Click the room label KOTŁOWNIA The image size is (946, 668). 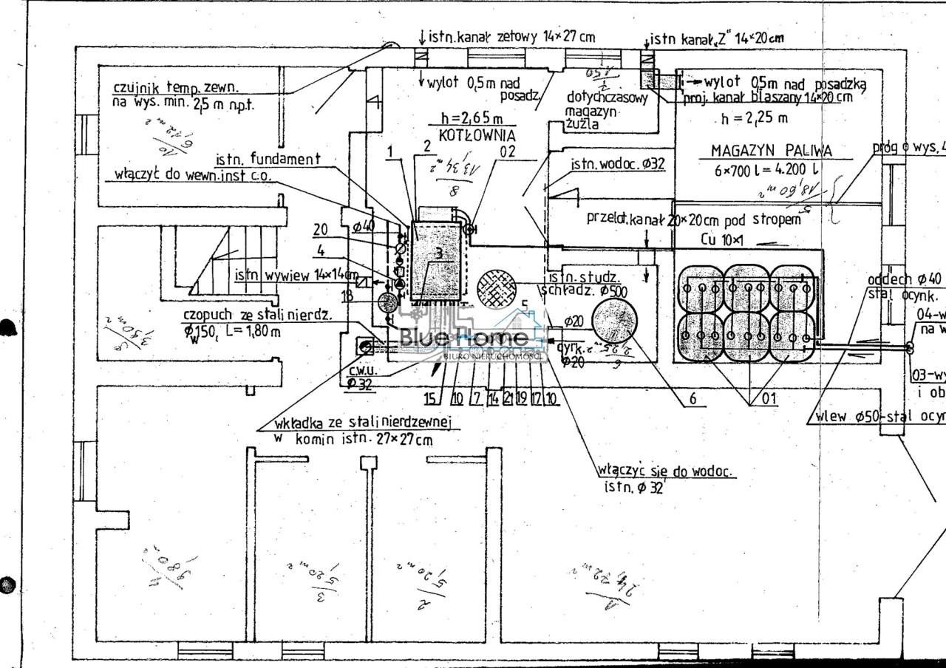pyautogui.click(x=477, y=136)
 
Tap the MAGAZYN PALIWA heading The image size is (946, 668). pyautogui.click(x=771, y=151)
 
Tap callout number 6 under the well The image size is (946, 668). pyautogui.click(x=693, y=398)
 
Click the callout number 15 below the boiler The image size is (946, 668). pyautogui.click(x=430, y=399)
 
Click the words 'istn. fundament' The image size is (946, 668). pyautogui.click(x=268, y=158)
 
